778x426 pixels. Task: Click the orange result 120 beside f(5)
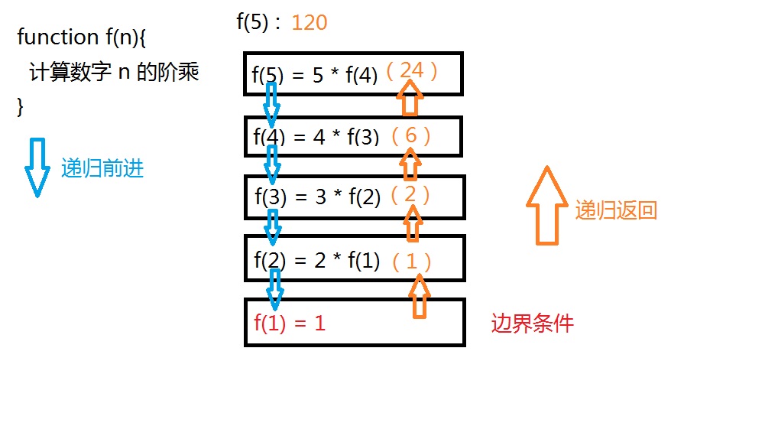click(x=309, y=22)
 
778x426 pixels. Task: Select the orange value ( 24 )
click(x=411, y=70)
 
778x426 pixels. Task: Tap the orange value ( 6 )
click(x=411, y=135)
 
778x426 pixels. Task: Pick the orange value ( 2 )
click(x=410, y=194)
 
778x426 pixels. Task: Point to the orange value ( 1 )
click(x=412, y=262)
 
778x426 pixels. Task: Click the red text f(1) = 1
click(x=290, y=323)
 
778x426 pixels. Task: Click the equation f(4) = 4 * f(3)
click(x=316, y=138)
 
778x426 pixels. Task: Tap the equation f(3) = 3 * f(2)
click(x=317, y=197)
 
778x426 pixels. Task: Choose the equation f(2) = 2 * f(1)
click(x=316, y=261)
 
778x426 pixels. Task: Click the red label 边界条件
click(x=532, y=324)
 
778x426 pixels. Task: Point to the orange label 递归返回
click(x=616, y=210)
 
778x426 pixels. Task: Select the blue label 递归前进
click(x=102, y=169)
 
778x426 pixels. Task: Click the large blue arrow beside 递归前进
click(x=36, y=167)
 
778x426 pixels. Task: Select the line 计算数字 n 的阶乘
click(x=114, y=73)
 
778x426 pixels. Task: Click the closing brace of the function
click(x=21, y=106)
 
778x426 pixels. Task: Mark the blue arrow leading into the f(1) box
click(x=275, y=288)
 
